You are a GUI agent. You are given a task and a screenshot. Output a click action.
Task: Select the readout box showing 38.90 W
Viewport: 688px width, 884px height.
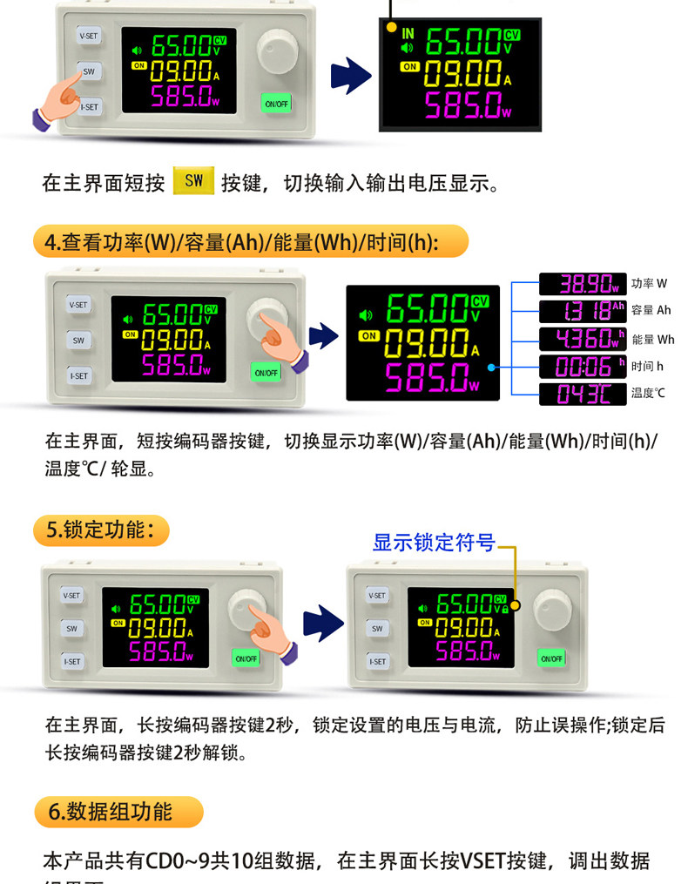(x=582, y=284)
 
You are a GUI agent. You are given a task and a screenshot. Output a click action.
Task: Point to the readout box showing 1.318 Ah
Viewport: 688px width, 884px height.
(x=582, y=311)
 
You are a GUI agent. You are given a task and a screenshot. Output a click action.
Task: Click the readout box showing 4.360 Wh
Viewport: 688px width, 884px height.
(x=582, y=339)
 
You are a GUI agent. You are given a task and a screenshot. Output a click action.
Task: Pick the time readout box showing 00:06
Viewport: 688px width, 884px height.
(x=582, y=366)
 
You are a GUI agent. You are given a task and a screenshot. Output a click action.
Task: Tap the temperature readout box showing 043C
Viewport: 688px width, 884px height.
(x=582, y=394)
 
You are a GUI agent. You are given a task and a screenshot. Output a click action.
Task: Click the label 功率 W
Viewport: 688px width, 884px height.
(x=649, y=284)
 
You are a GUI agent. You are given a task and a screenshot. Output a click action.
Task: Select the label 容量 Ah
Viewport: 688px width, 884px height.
(x=651, y=311)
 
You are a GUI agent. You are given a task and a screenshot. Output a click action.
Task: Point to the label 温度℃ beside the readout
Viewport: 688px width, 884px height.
(x=648, y=394)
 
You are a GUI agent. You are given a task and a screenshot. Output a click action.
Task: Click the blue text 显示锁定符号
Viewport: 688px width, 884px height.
(x=434, y=543)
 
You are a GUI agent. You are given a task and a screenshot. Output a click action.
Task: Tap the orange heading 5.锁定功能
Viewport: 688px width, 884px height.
(x=101, y=530)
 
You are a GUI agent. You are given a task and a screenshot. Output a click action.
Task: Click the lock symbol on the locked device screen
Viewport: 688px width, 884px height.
(x=504, y=608)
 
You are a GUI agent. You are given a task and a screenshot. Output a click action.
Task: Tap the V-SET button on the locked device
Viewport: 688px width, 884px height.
(x=377, y=596)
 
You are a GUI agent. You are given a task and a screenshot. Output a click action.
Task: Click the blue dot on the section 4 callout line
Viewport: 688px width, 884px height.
(x=492, y=368)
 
